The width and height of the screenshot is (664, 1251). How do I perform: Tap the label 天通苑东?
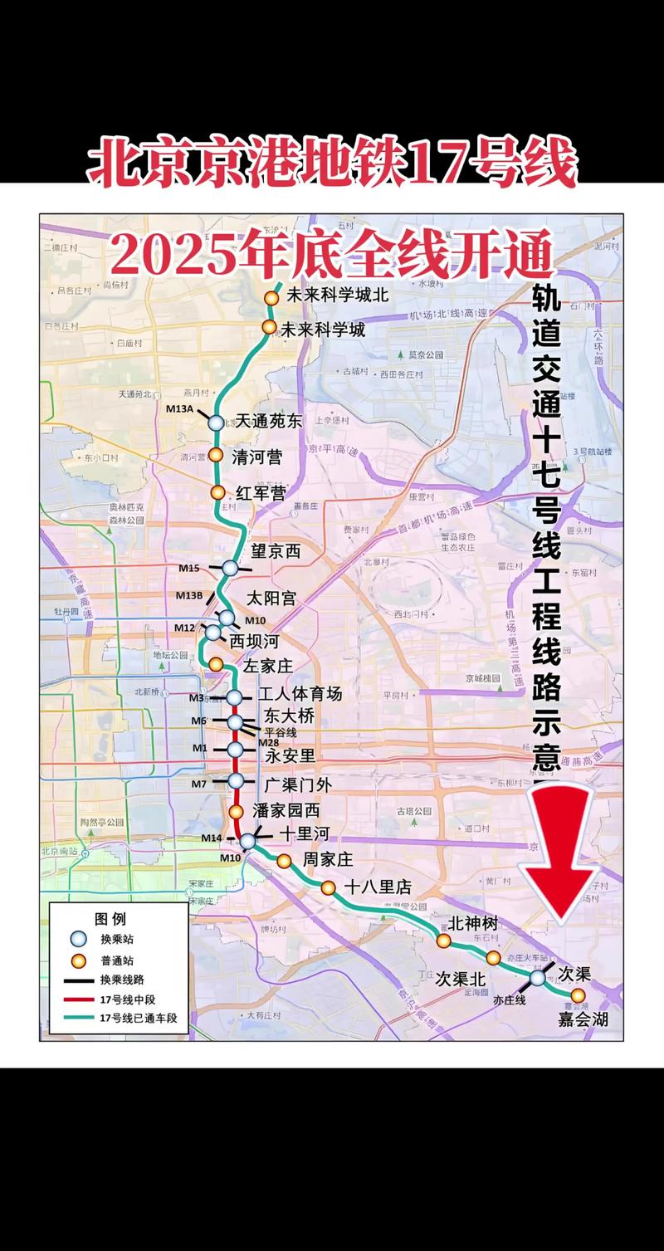tap(268, 422)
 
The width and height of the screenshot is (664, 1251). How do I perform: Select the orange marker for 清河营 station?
tap(216, 455)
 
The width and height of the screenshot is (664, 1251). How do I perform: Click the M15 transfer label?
tap(188, 569)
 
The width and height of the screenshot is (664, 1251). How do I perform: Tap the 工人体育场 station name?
tap(299, 694)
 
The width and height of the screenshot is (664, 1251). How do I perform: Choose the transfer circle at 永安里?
tap(236, 750)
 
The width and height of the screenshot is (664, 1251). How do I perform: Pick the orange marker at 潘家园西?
tap(237, 811)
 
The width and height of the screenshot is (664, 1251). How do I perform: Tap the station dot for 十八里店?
tap(329, 887)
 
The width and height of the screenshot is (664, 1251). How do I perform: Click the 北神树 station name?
tap(472, 923)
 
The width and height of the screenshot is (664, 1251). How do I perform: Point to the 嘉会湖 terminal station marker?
tap(578, 994)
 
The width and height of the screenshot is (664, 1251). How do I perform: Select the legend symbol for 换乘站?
tap(78, 939)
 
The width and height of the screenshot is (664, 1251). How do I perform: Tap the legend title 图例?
tap(110, 919)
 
